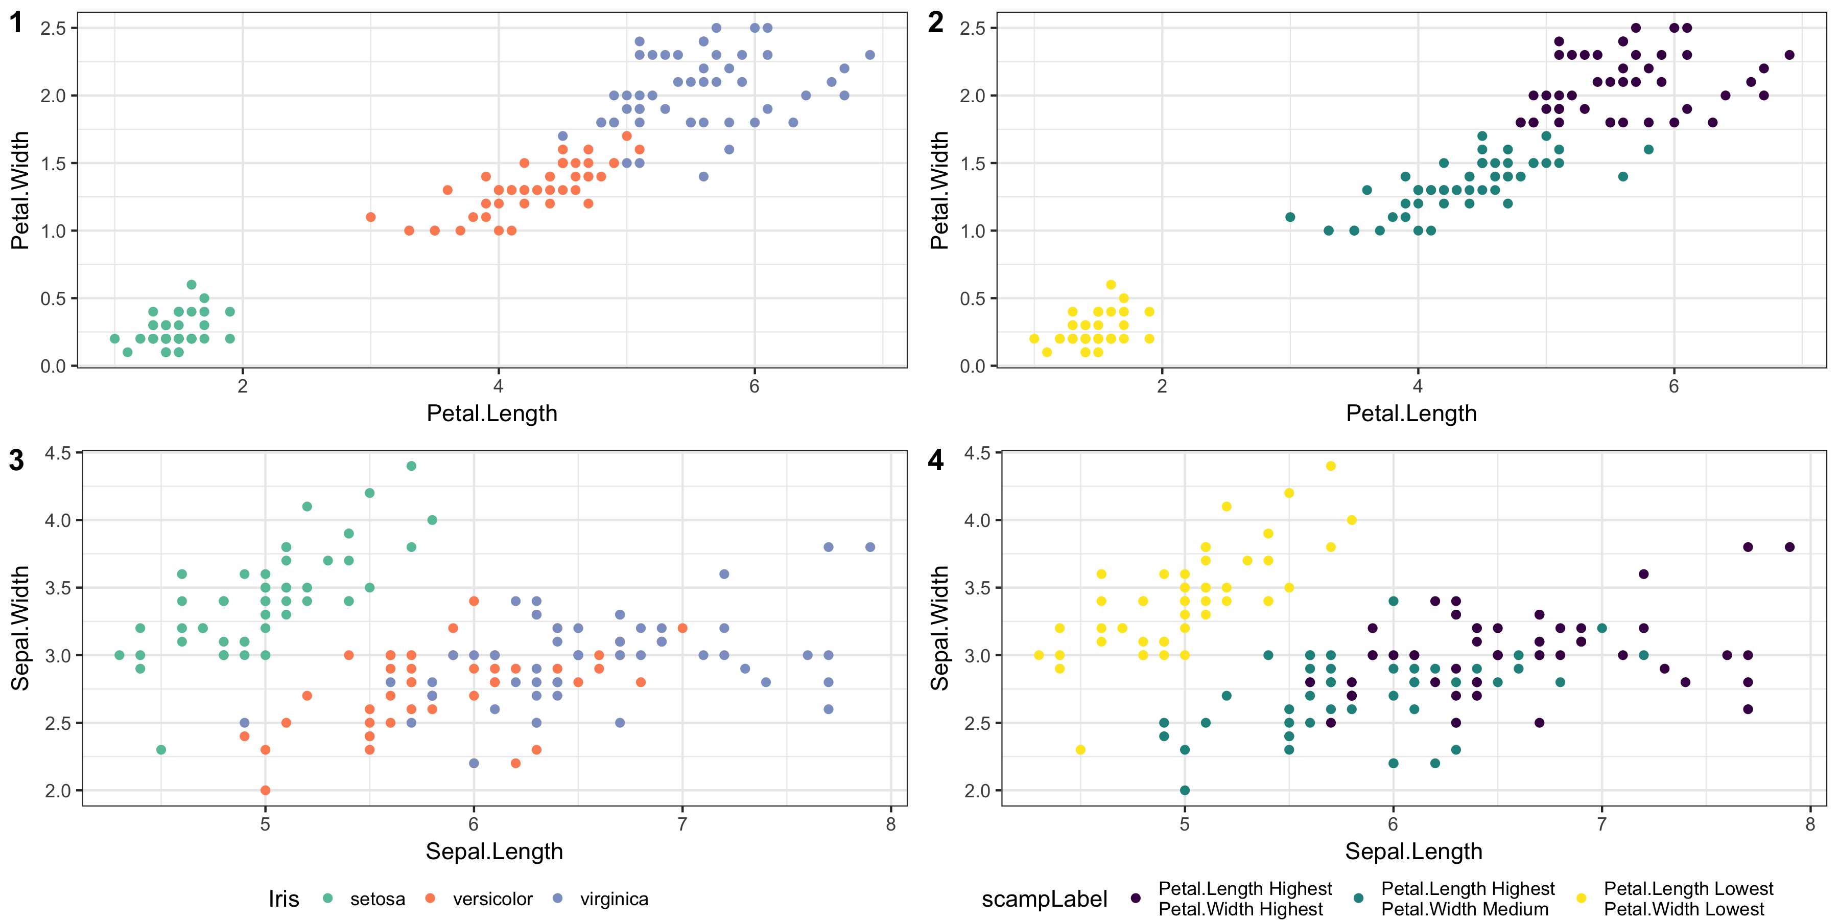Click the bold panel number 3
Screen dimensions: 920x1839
[16, 461]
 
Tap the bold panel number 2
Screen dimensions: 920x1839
[935, 23]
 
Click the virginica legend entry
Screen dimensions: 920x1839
[601, 899]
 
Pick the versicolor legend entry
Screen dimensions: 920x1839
[480, 899]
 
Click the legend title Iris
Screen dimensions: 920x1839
[284, 899]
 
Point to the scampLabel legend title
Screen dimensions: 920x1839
[1044, 899]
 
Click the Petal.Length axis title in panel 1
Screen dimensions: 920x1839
[492, 413]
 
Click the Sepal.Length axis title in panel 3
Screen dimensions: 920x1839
[494, 852]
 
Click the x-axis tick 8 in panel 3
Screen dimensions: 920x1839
[890, 824]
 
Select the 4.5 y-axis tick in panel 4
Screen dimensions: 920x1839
[977, 453]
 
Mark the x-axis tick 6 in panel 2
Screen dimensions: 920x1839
[1673, 386]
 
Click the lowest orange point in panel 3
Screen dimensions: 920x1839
[266, 790]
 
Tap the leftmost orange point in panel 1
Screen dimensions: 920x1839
[370, 217]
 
